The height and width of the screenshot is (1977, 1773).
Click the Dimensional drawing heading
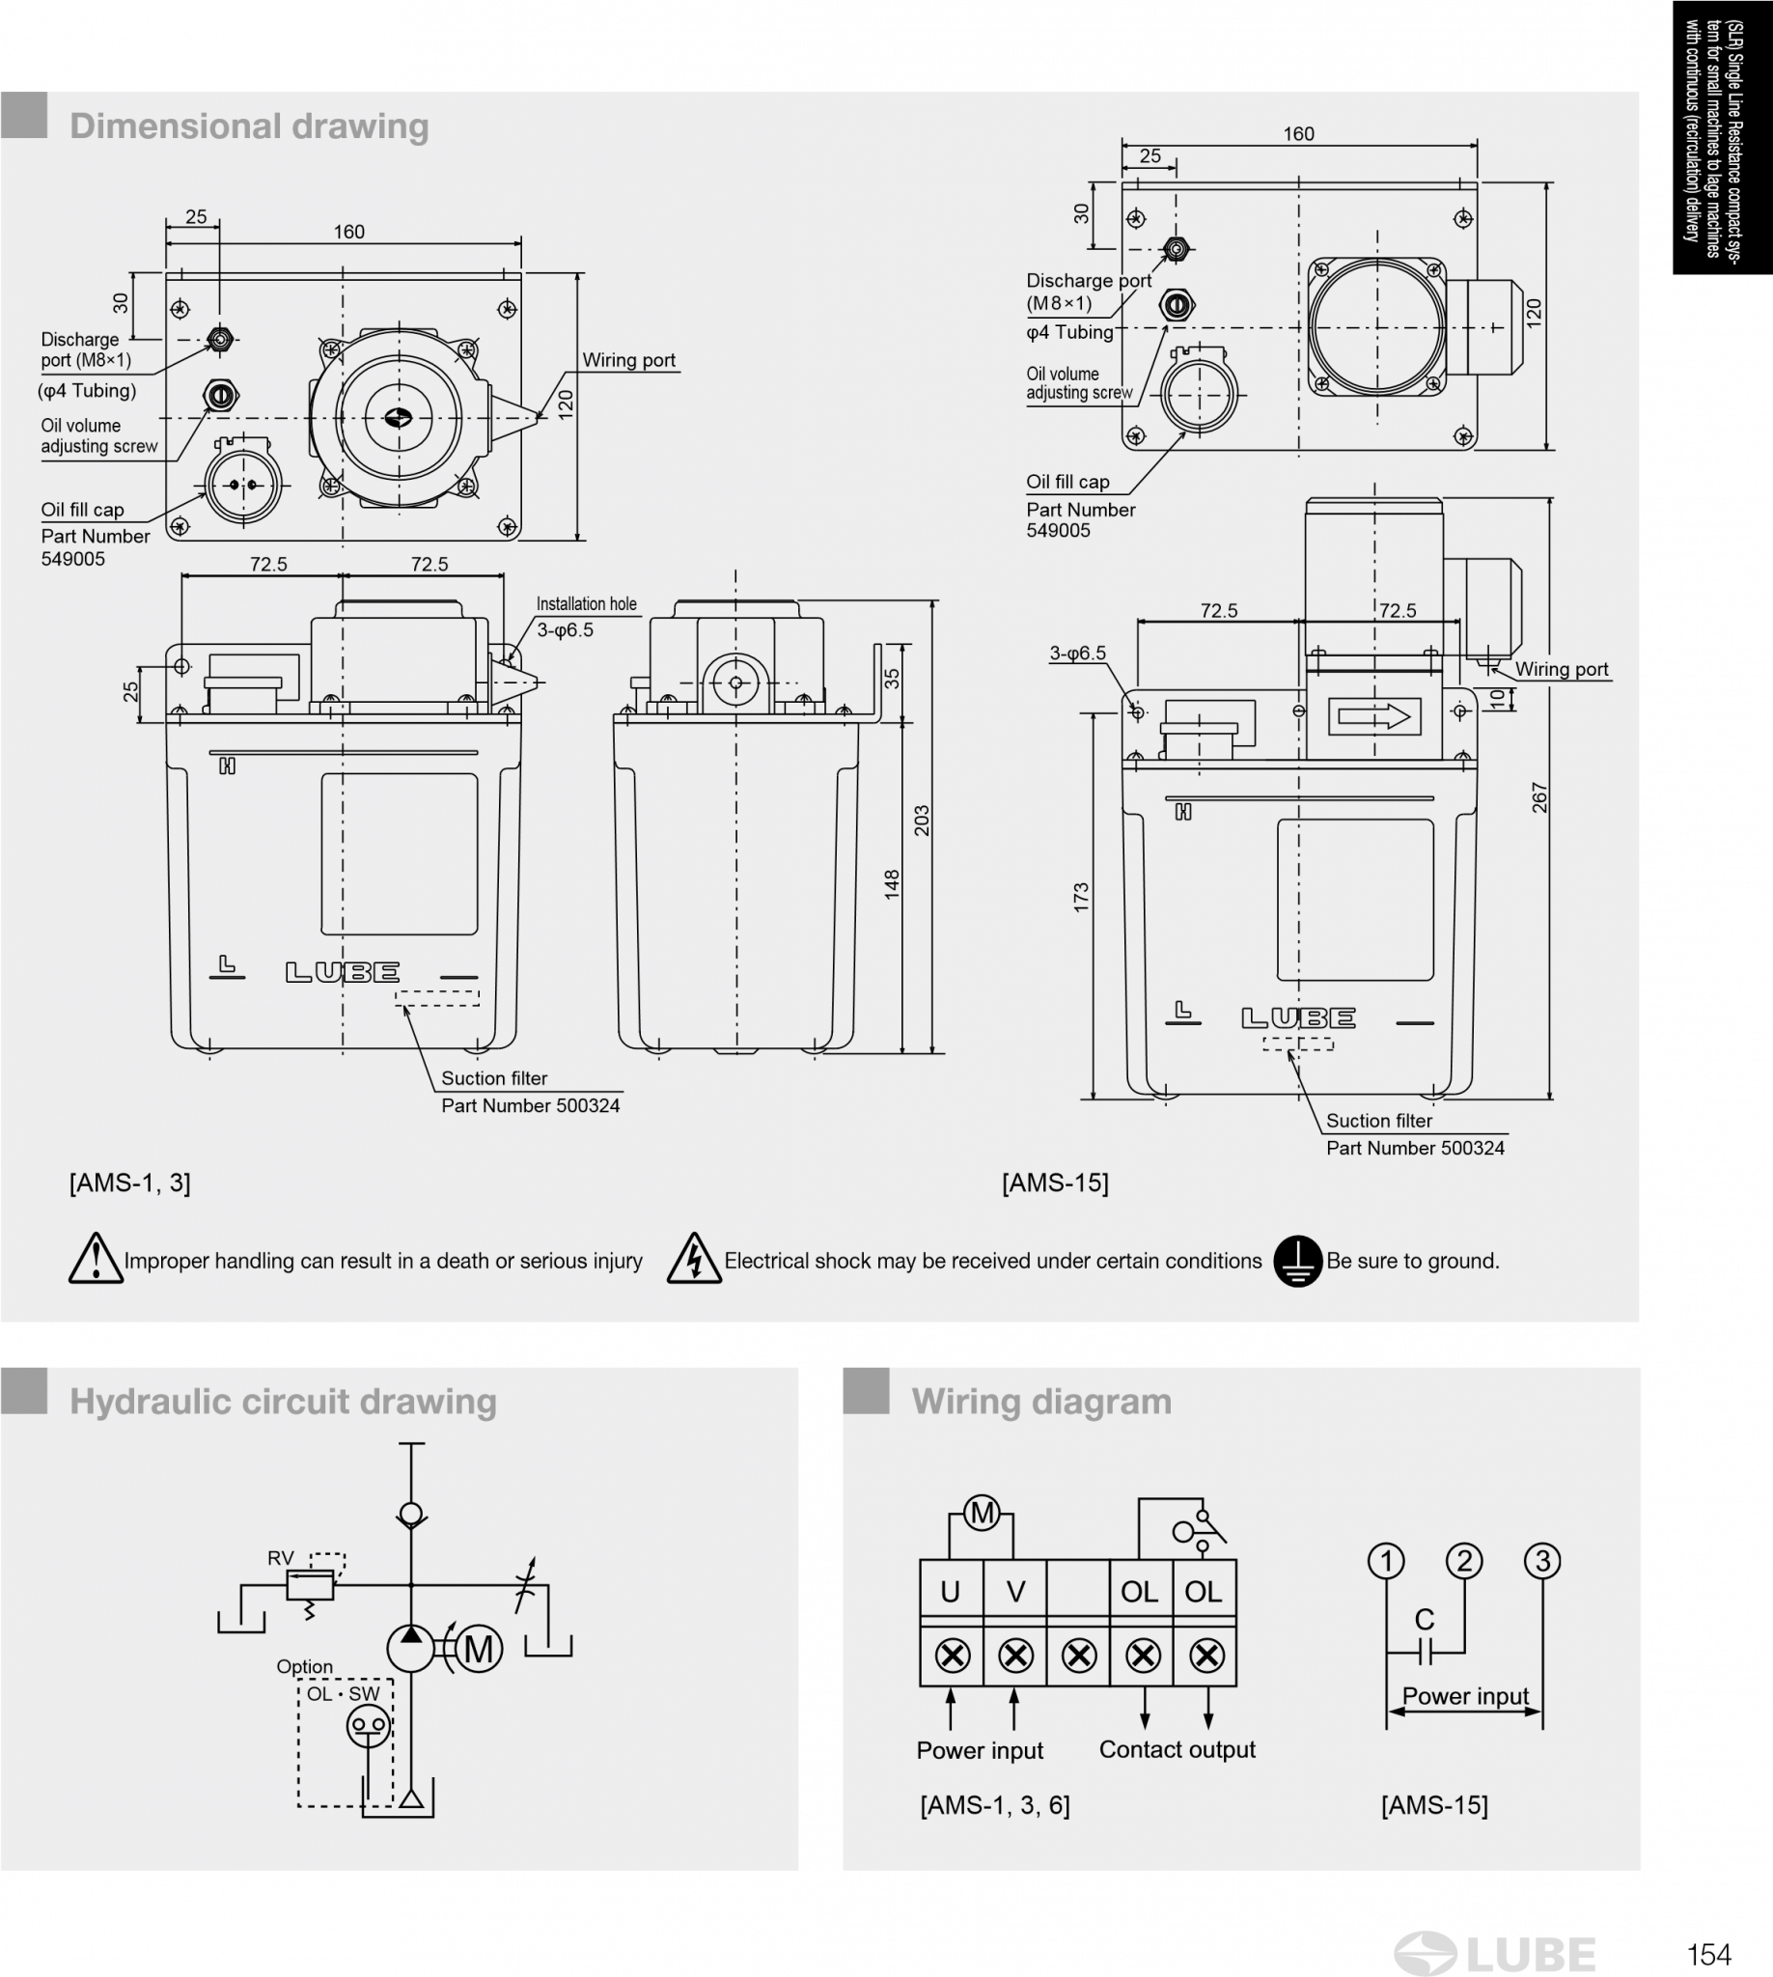249,126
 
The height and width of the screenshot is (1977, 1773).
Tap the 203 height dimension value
922,821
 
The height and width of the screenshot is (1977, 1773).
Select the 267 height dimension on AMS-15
1539,797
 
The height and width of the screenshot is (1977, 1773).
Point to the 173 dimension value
1081,898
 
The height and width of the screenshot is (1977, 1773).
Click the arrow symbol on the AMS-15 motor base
1374,717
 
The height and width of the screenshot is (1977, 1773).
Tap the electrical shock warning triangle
694,1259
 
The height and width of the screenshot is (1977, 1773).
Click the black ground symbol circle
1296,1261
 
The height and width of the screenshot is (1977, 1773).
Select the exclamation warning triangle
96,1259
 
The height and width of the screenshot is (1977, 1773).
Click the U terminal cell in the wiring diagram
951,1591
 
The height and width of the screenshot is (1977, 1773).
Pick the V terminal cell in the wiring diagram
1015,1591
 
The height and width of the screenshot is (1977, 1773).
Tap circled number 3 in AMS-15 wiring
1542,1561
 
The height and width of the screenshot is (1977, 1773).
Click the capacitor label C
1425,1620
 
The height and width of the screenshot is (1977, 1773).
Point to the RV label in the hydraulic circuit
281,1558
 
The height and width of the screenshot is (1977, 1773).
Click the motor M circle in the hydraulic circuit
479,1650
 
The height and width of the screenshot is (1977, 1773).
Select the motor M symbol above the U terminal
982,1514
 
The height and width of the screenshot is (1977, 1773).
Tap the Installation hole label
587,604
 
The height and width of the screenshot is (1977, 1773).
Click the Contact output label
1177,1749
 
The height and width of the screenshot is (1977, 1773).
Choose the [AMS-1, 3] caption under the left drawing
129,1183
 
